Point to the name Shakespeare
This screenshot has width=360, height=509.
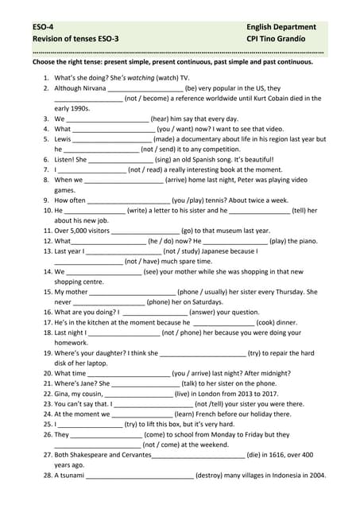click(91, 455)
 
